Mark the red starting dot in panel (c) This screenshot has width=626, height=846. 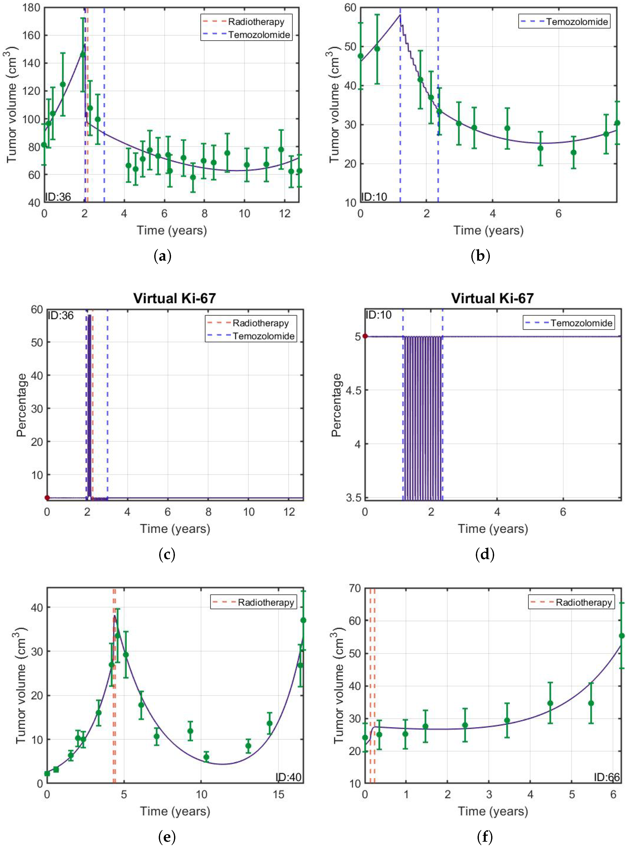pos(47,498)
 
